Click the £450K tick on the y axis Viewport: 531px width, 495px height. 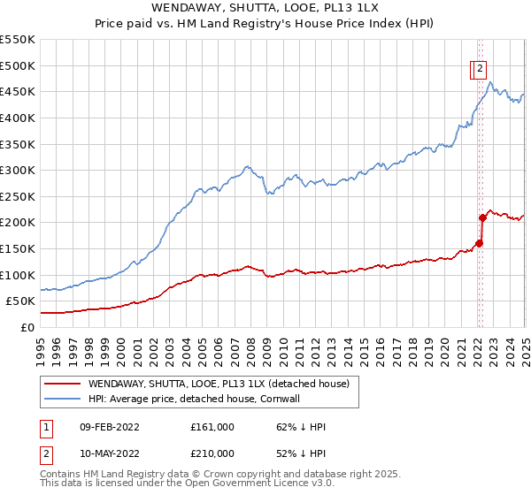tap(18, 91)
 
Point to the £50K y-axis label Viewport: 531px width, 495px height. tap(20, 301)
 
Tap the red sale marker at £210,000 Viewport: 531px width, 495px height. tap(482, 217)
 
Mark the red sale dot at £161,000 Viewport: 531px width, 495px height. tap(479, 243)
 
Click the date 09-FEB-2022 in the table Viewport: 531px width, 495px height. tap(109, 426)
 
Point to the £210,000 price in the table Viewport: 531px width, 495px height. tap(212, 453)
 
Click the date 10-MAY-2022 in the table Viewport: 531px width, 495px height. tap(109, 453)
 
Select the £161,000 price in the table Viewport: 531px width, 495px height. tap(212, 426)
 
